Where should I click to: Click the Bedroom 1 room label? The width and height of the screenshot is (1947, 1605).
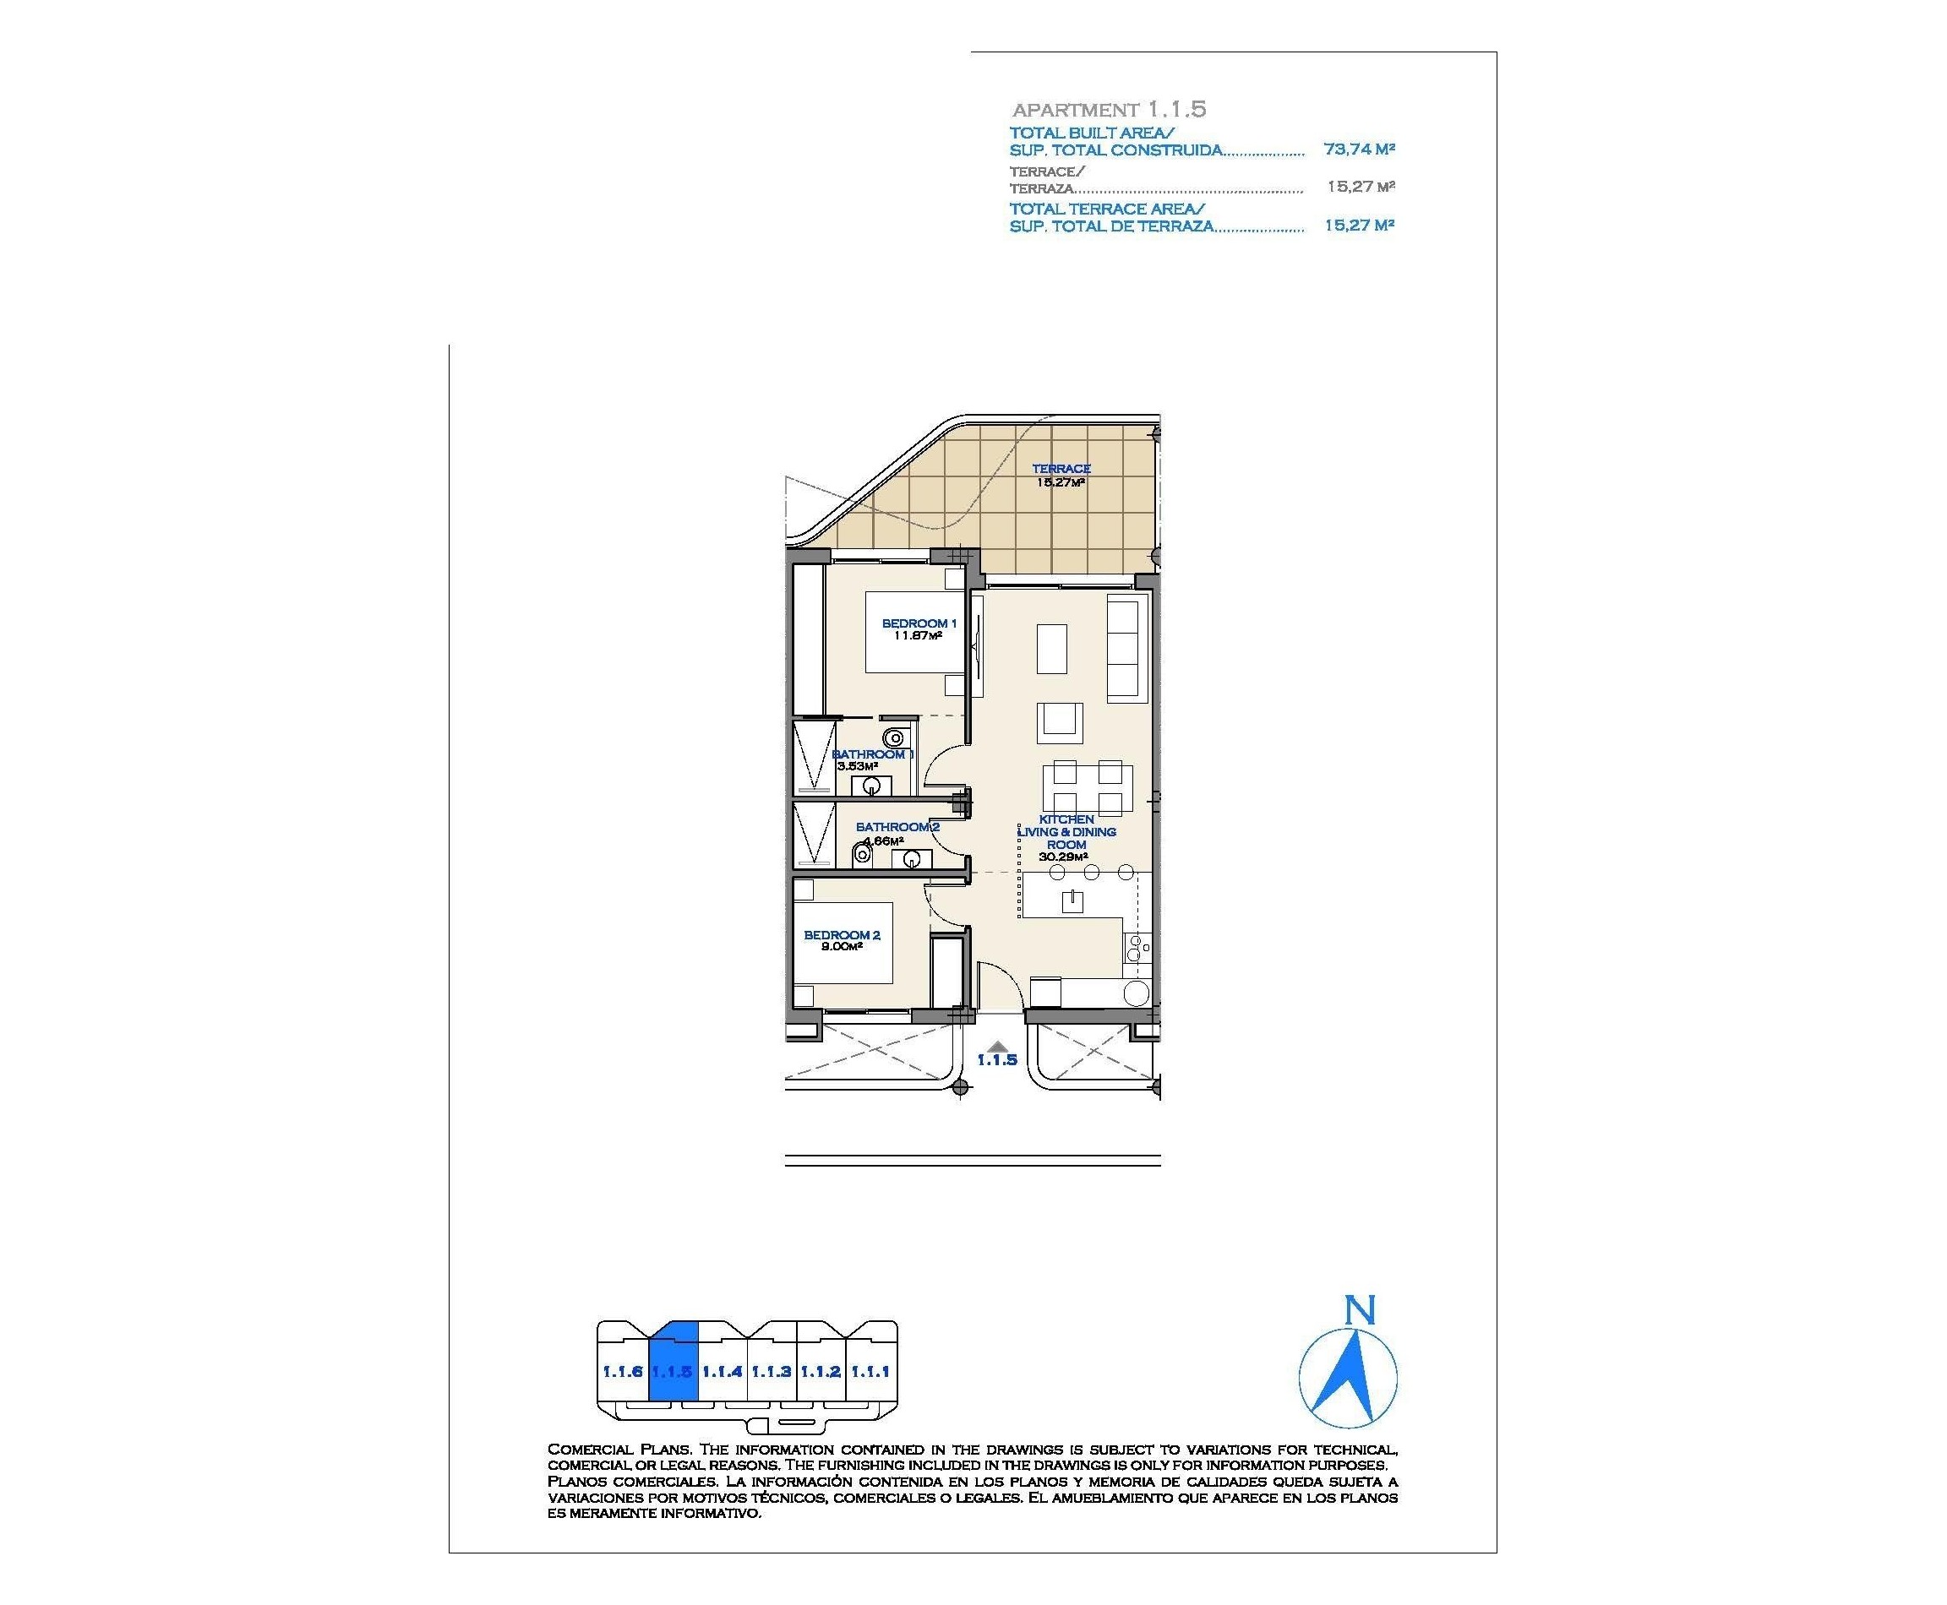tap(919, 623)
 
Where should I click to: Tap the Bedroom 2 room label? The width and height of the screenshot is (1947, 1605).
tap(842, 935)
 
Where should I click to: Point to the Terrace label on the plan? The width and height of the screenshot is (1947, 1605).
tap(1061, 469)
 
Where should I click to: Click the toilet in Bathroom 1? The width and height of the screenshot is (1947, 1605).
tap(894, 737)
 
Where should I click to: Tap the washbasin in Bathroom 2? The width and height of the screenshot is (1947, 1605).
tap(910, 860)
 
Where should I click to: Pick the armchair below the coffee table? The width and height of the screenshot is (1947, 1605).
tap(1060, 722)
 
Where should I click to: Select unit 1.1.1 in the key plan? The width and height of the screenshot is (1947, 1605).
tap(870, 1371)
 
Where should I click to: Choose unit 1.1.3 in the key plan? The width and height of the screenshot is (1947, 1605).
tap(771, 1371)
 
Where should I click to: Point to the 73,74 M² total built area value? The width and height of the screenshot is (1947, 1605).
tap(1359, 149)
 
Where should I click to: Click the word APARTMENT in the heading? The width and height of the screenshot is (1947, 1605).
tap(1075, 110)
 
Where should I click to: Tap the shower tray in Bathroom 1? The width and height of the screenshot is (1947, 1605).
tap(813, 756)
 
